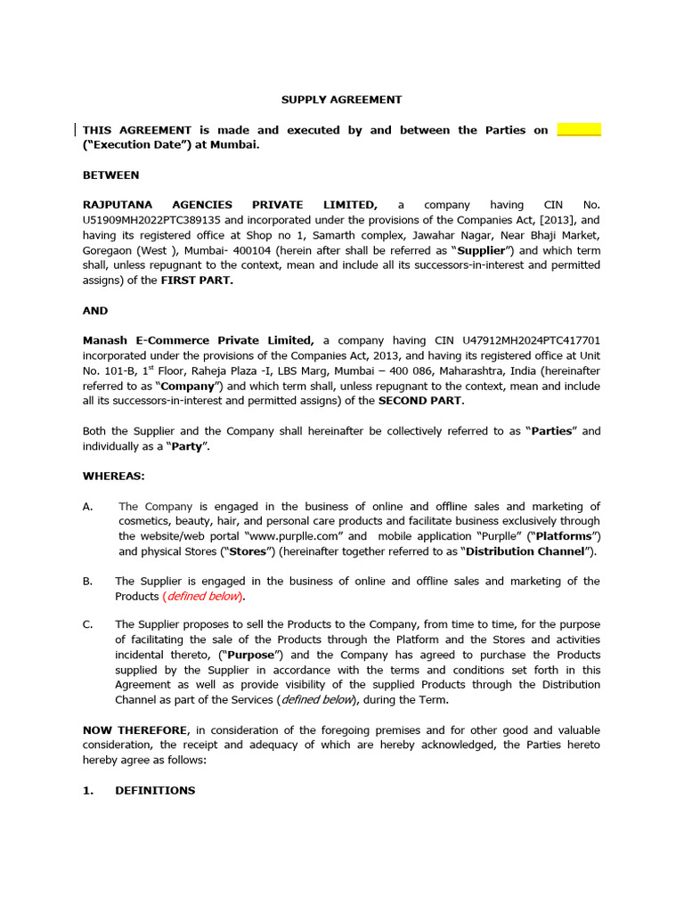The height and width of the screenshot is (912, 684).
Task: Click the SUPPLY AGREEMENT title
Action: pyautogui.click(x=342, y=100)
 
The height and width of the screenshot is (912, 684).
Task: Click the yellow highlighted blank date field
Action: pyautogui.click(x=579, y=130)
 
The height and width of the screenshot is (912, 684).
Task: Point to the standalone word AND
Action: pyautogui.click(x=95, y=311)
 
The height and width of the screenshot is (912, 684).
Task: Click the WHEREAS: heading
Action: pyautogui.click(x=113, y=476)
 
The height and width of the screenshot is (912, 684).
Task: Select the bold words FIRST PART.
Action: pyautogui.click(x=196, y=280)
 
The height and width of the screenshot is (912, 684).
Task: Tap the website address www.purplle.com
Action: pyautogui.click(x=299, y=536)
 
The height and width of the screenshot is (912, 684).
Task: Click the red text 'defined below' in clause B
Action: pyautogui.click(x=203, y=596)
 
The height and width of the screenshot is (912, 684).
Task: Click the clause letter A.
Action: pyautogui.click(x=87, y=507)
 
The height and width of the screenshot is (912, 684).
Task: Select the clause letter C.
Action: pyautogui.click(x=87, y=625)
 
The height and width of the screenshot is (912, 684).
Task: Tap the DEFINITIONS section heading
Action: pyautogui.click(x=155, y=790)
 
